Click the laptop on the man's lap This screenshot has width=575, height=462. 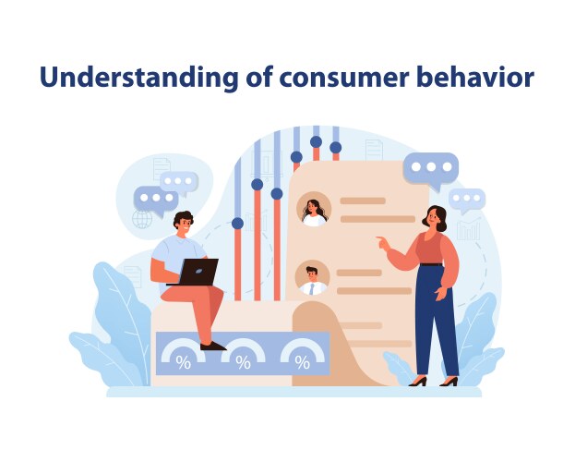tap(198, 272)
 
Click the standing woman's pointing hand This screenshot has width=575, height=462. tap(382, 243)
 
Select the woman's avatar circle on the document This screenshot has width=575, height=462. tap(314, 209)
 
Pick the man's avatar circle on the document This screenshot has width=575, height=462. tap(313, 276)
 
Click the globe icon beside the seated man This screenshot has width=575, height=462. tap(142, 219)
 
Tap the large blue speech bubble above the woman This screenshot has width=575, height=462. tap(430, 170)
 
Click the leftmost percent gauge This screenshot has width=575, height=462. tap(184, 356)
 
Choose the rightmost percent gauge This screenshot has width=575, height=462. tap(302, 356)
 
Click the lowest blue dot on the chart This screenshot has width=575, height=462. tap(237, 223)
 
